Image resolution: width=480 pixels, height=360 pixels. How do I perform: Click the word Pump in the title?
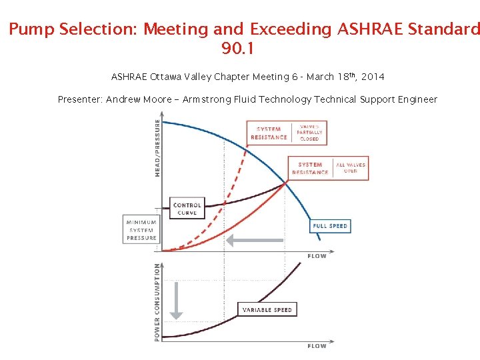coord(31,30)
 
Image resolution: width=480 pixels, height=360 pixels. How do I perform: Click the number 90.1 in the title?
coord(237,49)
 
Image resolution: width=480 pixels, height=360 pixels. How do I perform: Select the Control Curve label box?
coord(187,209)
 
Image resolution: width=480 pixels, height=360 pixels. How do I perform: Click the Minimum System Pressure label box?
coord(142,230)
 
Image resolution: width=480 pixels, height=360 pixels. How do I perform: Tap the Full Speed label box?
coord(330,226)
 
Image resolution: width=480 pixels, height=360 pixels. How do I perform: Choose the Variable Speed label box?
coord(266,310)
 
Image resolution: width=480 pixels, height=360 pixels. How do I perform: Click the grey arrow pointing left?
coord(256,239)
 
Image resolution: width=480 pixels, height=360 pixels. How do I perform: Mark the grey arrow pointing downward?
coord(176,300)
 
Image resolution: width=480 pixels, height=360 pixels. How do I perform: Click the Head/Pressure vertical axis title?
coord(157,147)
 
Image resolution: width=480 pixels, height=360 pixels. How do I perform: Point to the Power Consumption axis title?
coord(157,302)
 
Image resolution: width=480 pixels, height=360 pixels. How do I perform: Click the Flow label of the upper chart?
coord(317,257)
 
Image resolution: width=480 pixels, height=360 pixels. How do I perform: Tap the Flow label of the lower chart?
coord(317,346)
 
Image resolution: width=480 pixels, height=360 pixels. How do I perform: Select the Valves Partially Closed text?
coord(309,133)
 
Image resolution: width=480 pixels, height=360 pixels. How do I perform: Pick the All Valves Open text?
coord(351,168)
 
